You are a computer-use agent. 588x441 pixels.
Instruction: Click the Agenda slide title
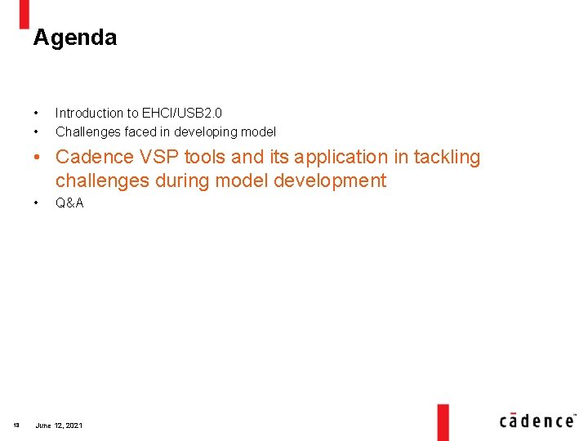75,38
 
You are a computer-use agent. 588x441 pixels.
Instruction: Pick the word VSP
154,157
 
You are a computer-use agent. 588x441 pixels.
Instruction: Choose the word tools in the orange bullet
203,157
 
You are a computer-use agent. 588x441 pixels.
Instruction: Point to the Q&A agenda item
69,203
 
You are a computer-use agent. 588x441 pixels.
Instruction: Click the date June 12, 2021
59,425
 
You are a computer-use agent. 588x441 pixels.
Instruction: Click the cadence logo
537,420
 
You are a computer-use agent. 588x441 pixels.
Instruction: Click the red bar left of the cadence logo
443,421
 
